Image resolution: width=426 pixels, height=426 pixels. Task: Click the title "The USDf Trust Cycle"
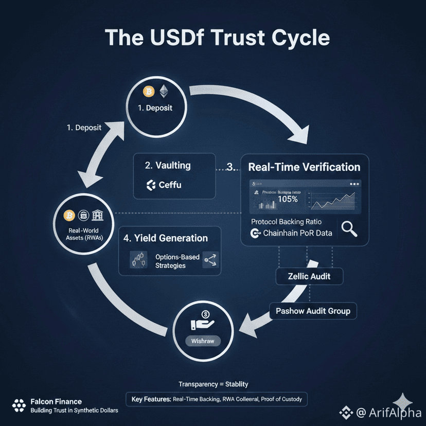pyautogui.click(x=217, y=39)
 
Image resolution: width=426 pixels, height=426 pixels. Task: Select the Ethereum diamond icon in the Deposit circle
pyautogui.click(x=164, y=92)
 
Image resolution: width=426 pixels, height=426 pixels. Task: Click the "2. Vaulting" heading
pyautogui.click(x=168, y=165)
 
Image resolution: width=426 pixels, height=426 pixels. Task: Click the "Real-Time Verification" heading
pyautogui.click(x=304, y=167)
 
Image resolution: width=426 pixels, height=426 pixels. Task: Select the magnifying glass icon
pyautogui.click(x=349, y=228)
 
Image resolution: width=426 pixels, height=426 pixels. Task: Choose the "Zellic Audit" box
pyautogui.click(x=309, y=277)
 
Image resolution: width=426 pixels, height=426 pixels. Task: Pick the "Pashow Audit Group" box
pyautogui.click(x=313, y=311)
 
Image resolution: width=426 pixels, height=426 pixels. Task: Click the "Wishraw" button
pyautogui.click(x=202, y=341)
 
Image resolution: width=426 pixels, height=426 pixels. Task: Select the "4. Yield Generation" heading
pyautogui.click(x=166, y=238)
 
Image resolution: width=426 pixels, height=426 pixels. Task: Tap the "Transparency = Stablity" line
pyautogui.click(x=213, y=384)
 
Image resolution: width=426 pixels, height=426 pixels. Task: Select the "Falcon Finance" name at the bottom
pyautogui.click(x=56, y=401)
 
